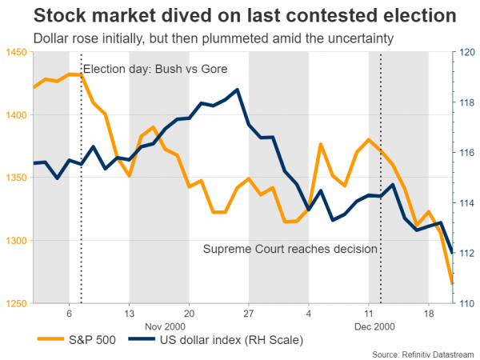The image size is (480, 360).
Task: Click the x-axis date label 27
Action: tap(248, 313)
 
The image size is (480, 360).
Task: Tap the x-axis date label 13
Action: tap(129, 313)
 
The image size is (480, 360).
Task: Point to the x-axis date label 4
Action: tap(308, 313)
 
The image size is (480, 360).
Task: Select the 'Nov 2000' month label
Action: tap(159, 326)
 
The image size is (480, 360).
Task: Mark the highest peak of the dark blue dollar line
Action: tap(238, 90)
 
